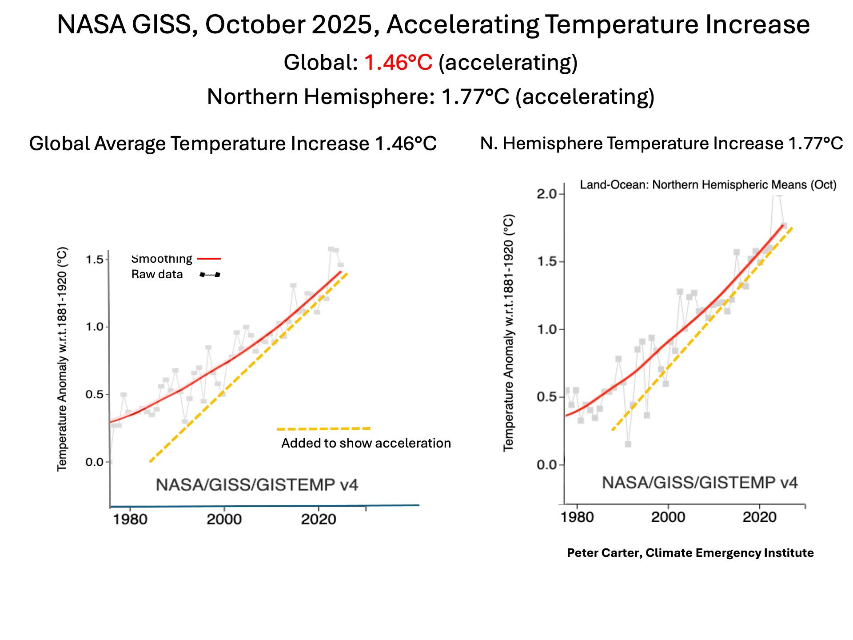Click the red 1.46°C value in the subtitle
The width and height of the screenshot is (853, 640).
(398, 62)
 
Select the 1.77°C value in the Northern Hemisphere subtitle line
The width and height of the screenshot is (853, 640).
(475, 96)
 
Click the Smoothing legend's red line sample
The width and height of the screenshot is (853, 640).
(209, 259)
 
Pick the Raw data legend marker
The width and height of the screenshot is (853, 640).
(210, 275)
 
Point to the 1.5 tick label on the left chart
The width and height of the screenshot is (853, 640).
(95, 260)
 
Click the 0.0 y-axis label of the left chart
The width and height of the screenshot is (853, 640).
(95, 462)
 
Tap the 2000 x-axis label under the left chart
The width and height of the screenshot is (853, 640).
(224, 520)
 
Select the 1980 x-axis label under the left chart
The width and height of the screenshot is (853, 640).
(130, 520)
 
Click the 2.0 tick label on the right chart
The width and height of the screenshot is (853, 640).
(547, 194)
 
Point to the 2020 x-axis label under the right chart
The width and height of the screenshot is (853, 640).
(759, 517)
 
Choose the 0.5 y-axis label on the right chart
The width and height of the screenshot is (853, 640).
(547, 397)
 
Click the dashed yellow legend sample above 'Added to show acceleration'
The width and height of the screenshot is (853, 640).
(323, 429)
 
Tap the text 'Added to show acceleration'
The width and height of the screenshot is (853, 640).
(366, 443)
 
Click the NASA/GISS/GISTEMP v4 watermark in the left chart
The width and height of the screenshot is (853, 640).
(257, 485)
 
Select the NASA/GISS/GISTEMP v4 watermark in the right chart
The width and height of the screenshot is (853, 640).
(700, 483)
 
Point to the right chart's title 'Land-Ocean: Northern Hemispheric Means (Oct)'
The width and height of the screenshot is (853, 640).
(708, 185)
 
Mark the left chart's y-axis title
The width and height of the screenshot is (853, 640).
(62, 359)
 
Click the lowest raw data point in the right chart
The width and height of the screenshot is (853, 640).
(628, 444)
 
